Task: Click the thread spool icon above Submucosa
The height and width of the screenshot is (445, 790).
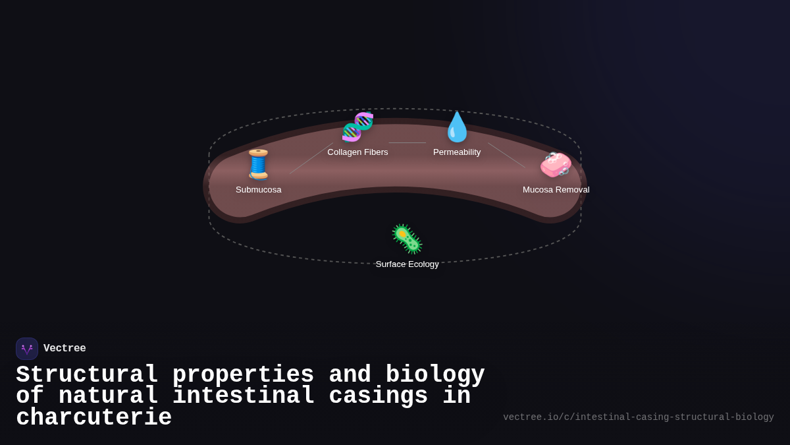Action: pos(258,164)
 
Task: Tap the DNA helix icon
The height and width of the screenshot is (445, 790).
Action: pos(357,127)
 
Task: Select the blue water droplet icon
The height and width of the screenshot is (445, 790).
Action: pos(457,127)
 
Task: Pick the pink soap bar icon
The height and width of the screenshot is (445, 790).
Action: pos(556,165)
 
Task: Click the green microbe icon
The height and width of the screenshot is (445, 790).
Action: pos(407,239)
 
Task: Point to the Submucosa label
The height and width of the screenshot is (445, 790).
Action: pos(258,190)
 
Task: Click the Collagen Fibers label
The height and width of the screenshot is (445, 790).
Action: pos(357,152)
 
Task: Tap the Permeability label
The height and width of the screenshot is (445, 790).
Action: pos(457,152)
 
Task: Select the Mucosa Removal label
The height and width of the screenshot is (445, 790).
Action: pos(556,190)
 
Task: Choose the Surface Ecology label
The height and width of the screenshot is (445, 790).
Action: pos(407,264)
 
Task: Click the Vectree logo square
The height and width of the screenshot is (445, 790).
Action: pos(27,349)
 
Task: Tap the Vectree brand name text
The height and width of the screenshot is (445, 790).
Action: pos(65,349)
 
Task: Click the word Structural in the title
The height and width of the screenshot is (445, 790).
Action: pos(87,374)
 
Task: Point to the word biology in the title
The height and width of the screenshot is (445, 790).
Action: pos(434,374)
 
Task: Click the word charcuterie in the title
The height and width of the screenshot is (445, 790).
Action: pos(93,418)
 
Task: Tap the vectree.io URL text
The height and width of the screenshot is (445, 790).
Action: pos(638,417)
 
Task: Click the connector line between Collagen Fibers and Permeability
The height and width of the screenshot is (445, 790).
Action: pos(407,142)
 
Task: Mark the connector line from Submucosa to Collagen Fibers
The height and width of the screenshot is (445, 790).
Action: pos(311,159)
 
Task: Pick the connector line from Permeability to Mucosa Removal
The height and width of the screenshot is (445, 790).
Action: pos(506,155)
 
